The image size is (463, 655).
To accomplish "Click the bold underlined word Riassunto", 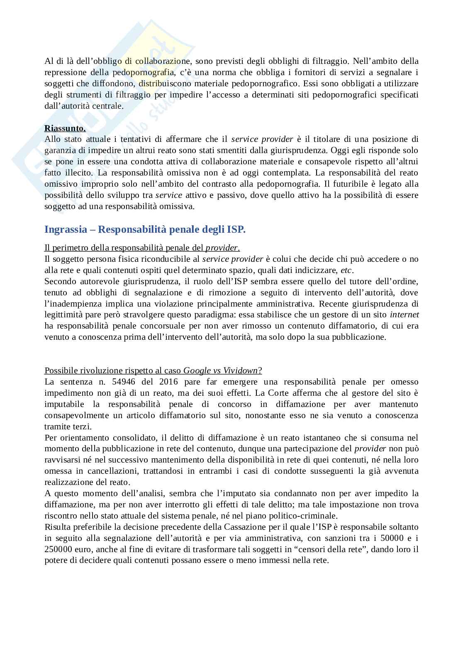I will [x=65, y=128].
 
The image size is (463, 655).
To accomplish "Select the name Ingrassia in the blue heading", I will [x=66, y=229].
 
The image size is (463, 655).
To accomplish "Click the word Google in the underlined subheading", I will [x=196, y=370].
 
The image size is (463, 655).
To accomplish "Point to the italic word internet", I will [x=405, y=314].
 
